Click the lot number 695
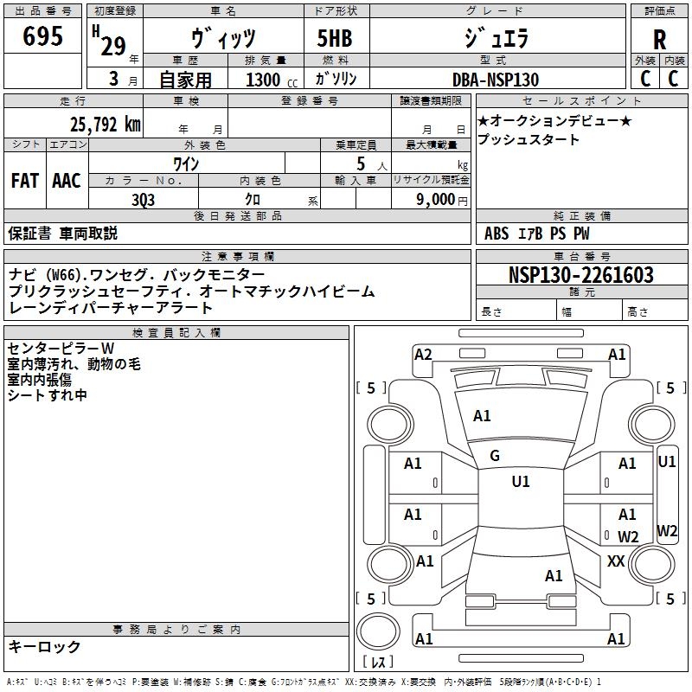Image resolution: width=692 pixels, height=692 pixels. click(43, 37)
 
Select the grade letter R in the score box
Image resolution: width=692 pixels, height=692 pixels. click(659, 40)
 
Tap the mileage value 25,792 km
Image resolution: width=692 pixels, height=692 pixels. click(103, 125)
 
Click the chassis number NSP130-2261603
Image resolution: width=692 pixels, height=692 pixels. click(580, 275)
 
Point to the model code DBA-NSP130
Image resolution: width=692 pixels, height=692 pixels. click(496, 80)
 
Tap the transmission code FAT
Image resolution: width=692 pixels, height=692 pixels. click(24, 180)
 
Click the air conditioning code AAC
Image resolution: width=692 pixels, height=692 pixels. click(66, 180)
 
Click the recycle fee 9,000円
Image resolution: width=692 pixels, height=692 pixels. click(440, 199)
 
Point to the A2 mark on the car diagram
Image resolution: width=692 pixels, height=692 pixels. click(423, 354)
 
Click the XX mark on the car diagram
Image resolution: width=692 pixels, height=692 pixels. click(616, 561)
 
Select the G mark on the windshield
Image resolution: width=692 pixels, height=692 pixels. click(495, 456)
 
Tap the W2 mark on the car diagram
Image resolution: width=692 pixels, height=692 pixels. click(628, 536)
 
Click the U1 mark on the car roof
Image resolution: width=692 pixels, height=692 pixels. click(520, 482)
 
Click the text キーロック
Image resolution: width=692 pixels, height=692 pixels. click(44, 646)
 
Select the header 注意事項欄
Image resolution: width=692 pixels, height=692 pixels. click(238, 256)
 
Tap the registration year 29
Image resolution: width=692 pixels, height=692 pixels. click(112, 46)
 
